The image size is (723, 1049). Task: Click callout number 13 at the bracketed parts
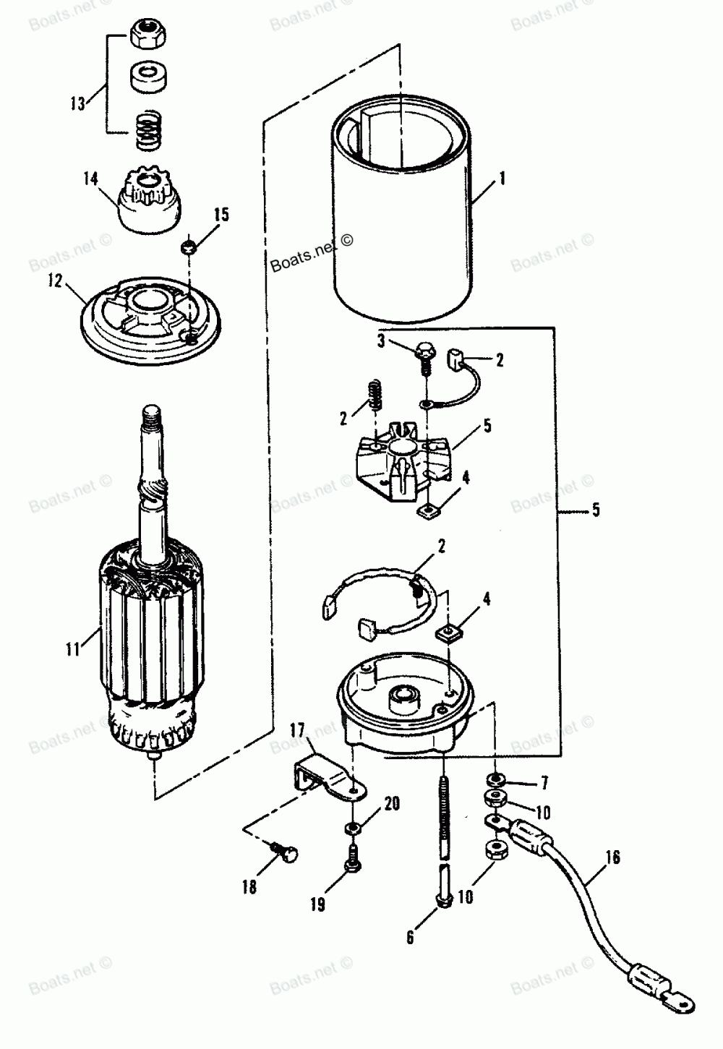tap(78, 103)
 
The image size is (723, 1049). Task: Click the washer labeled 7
tap(495, 781)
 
